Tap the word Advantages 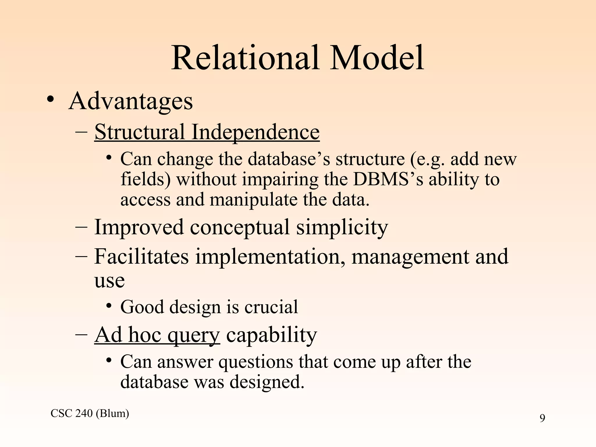click(x=131, y=102)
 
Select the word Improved click(x=139, y=227)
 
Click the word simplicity click(x=342, y=227)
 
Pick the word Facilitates click(x=141, y=256)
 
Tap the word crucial click(x=271, y=307)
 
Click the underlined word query click(x=194, y=335)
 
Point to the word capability click(x=272, y=335)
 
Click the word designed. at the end click(x=267, y=382)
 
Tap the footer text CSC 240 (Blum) click(x=90, y=413)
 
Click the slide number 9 click(x=542, y=418)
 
